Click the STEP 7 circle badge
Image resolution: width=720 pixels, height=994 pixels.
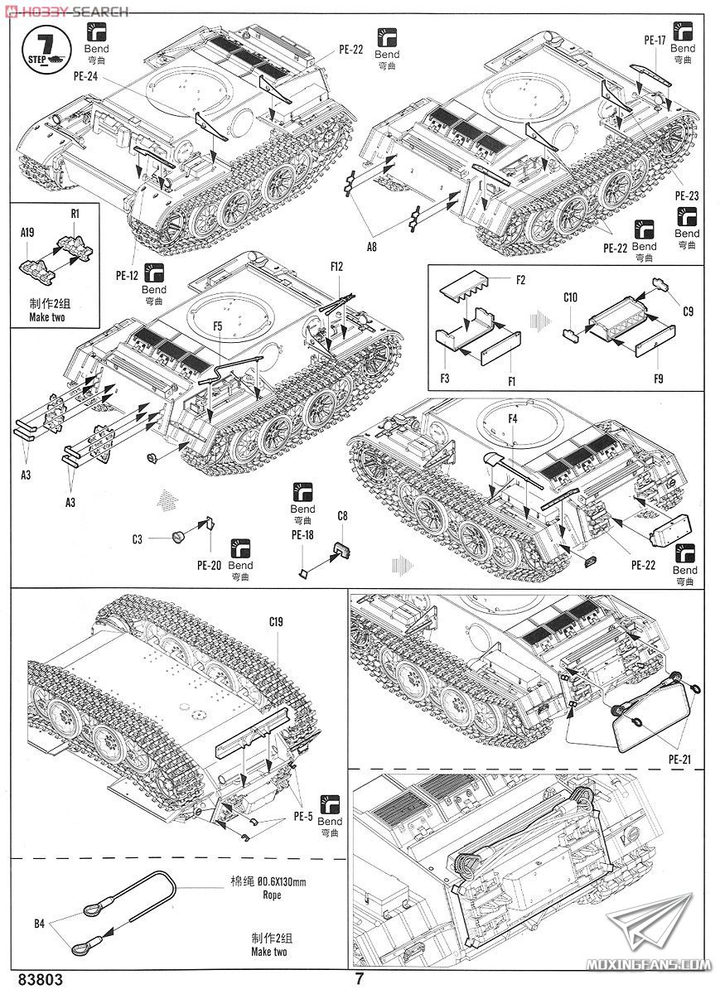tap(46, 50)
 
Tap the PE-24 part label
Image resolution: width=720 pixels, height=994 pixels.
tap(85, 76)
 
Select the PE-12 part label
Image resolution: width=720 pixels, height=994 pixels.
tap(127, 276)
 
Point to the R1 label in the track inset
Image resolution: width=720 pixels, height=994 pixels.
tap(75, 214)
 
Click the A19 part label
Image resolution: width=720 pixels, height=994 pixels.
tap(27, 232)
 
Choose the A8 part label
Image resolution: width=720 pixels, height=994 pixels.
tap(371, 246)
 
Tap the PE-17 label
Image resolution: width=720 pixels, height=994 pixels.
tap(655, 41)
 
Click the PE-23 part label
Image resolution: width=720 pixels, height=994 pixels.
tap(687, 195)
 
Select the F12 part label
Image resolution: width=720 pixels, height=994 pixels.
tap(337, 266)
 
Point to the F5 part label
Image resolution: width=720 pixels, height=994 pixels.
tap(217, 326)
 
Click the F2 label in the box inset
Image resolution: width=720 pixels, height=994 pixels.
tap(520, 280)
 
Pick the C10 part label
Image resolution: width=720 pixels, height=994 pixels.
tap(570, 297)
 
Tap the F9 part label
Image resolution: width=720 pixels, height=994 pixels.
tap(659, 379)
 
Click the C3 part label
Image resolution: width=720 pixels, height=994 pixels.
tap(138, 539)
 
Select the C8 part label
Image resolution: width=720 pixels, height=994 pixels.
tap(342, 516)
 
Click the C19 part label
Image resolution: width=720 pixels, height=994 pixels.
tap(276, 622)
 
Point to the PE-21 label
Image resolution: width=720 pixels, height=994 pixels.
tap(679, 760)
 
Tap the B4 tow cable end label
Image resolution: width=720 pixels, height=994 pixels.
tap(40, 924)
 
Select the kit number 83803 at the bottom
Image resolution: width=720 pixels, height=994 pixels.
tap(41, 979)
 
